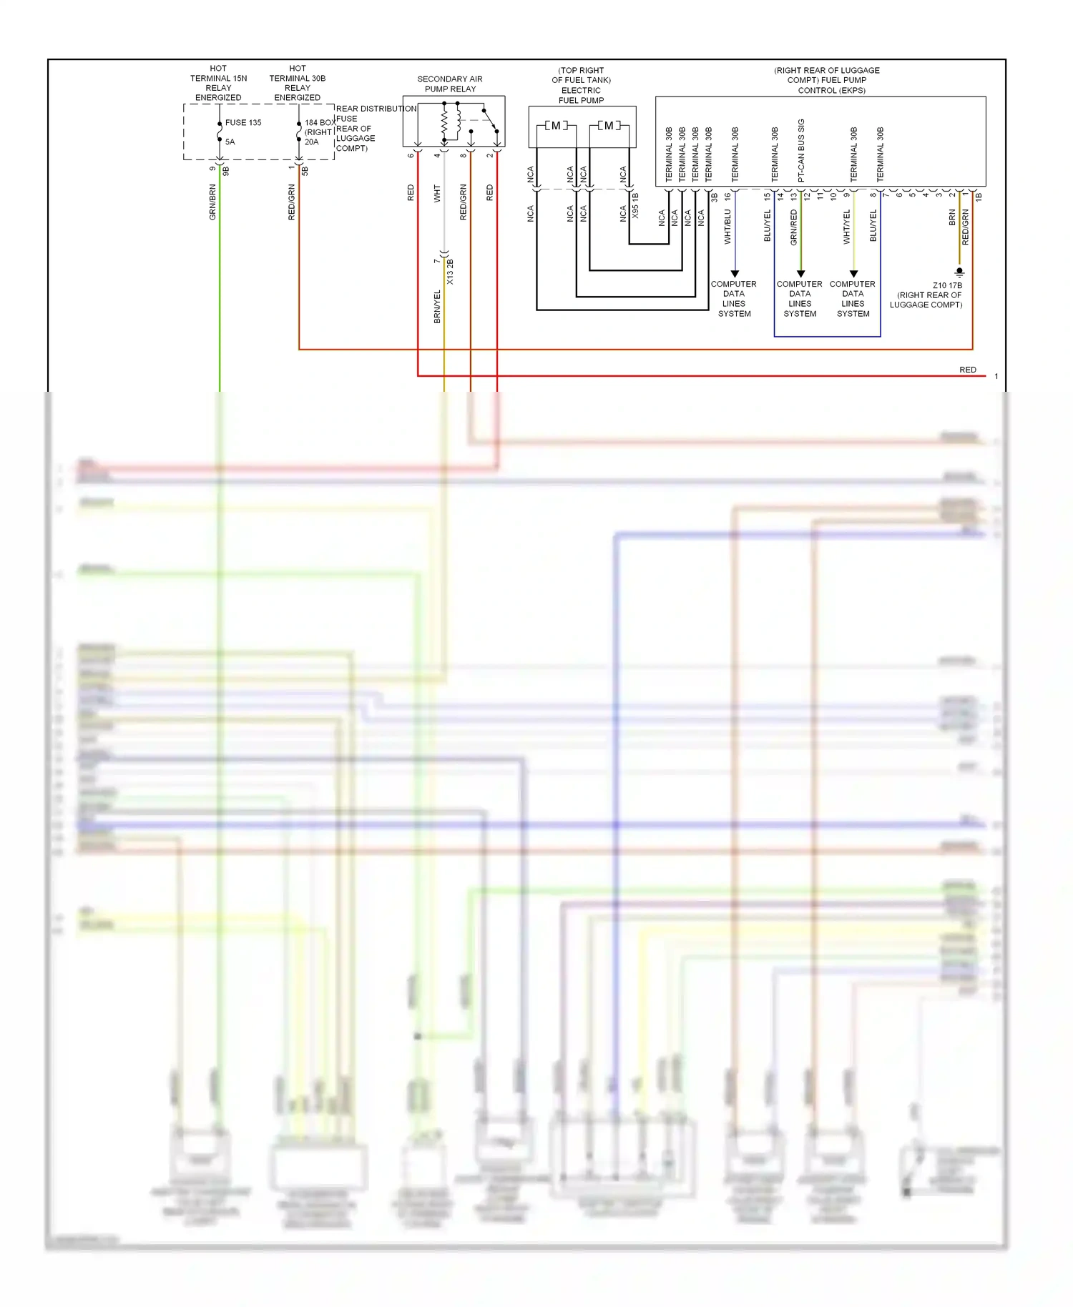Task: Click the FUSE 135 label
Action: point(243,122)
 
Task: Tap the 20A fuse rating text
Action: point(311,142)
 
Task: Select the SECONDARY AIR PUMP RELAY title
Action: point(450,84)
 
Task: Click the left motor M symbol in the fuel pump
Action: point(556,126)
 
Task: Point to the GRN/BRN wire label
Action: point(212,202)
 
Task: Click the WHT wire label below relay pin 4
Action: point(437,193)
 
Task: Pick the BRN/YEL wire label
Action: point(437,307)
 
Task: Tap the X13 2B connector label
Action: point(450,272)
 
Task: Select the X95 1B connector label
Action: point(635,206)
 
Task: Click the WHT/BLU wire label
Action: point(727,227)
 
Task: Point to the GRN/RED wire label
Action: point(793,227)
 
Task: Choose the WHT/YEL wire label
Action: point(847,227)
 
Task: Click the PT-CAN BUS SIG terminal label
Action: point(801,149)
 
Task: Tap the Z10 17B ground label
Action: point(947,285)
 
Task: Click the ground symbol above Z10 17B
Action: point(959,272)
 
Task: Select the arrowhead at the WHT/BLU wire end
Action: point(734,274)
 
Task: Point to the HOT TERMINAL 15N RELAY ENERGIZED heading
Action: point(218,83)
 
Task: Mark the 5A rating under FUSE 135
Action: point(230,142)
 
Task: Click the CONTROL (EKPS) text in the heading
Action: point(831,90)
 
